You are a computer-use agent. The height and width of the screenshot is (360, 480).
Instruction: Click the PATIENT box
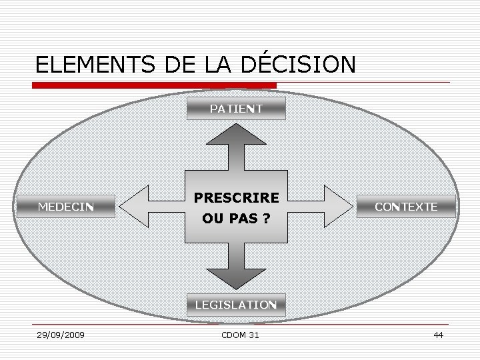[236, 108]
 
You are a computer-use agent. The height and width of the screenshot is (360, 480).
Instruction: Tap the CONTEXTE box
[406, 207]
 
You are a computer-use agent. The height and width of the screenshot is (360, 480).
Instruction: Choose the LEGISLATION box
[236, 305]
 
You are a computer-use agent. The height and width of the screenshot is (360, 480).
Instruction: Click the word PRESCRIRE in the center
[236, 198]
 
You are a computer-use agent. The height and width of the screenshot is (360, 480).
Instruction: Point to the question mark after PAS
[266, 218]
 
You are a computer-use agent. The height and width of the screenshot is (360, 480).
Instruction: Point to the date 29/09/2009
[61, 335]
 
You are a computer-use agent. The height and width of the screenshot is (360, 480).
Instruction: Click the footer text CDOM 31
[240, 335]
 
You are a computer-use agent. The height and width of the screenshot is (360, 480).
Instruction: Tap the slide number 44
[438, 335]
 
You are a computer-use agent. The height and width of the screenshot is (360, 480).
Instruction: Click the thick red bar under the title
[155, 85]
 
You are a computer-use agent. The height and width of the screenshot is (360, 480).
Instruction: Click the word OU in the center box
[213, 218]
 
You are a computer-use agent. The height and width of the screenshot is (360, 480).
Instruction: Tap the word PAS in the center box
[243, 218]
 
